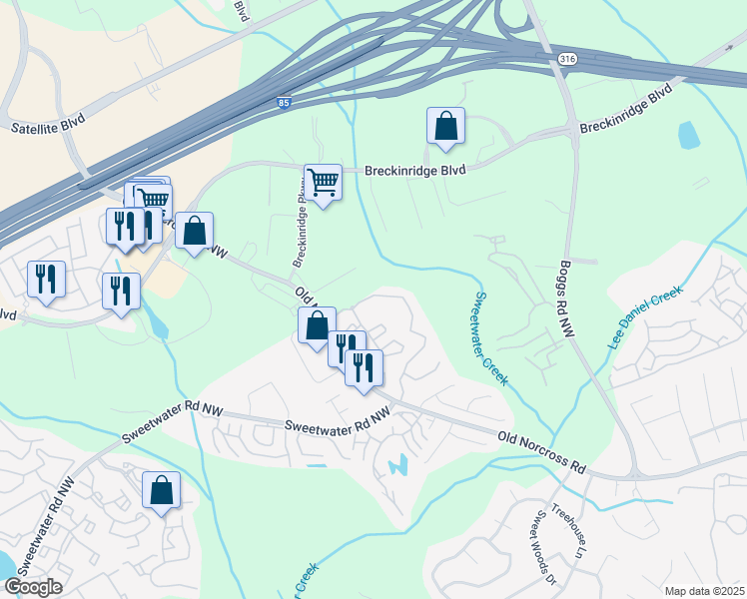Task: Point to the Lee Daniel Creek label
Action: (644, 317)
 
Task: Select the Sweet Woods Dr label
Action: (544, 546)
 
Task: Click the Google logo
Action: (33, 587)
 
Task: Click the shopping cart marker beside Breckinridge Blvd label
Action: (323, 183)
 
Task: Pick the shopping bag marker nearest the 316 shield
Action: (445, 127)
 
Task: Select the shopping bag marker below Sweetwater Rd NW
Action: (161, 490)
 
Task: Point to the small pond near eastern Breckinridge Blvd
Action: (688, 134)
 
